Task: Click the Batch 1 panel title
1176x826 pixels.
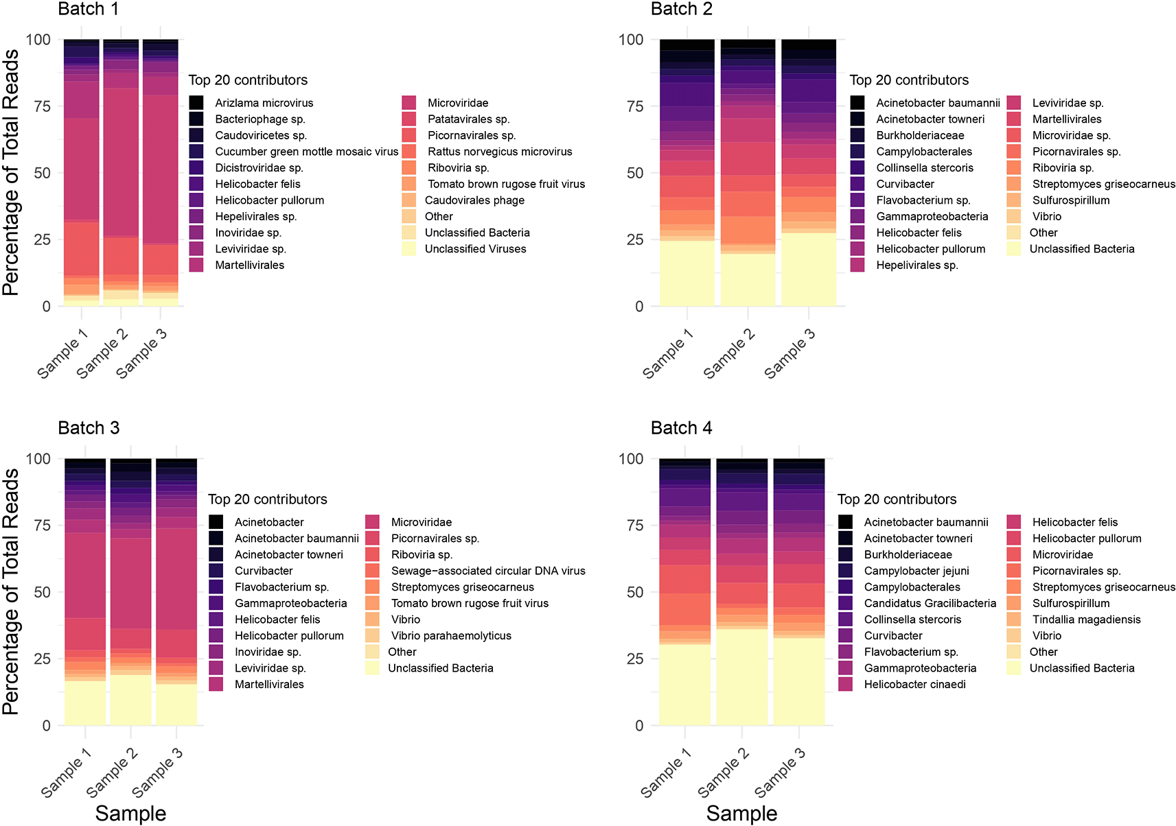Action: (88, 10)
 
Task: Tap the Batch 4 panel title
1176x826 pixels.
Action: (681, 428)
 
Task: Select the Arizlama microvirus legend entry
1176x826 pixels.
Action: (264, 103)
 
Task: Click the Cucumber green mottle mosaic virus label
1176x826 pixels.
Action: (306, 152)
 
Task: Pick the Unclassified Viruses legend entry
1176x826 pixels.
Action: (475, 249)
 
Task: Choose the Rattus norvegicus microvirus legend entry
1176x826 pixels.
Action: (499, 152)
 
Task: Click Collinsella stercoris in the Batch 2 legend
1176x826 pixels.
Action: (924, 168)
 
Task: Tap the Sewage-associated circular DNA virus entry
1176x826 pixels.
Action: (487, 571)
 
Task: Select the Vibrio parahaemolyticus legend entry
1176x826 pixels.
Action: (450, 636)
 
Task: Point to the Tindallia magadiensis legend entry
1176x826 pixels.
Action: (1086, 619)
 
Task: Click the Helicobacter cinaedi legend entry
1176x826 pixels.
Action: (914, 685)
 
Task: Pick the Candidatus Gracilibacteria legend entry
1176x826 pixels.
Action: (930, 604)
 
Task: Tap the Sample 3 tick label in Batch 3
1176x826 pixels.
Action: (157, 772)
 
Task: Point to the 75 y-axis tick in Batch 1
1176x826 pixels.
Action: (43, 106)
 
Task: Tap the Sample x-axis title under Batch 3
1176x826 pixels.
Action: (130, 814)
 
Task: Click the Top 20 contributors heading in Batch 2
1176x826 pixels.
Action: (908, 80)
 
